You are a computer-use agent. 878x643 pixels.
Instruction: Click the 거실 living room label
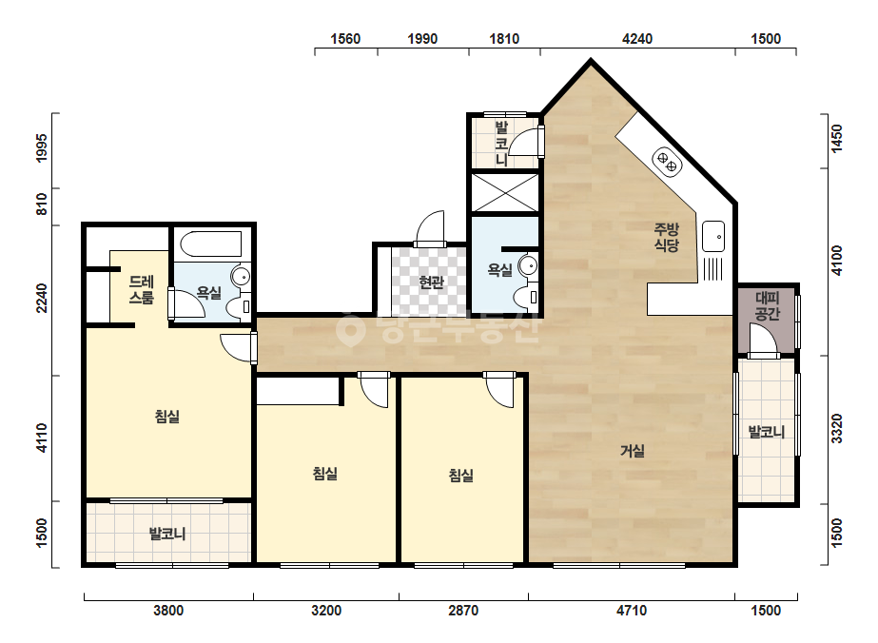pos(633,451)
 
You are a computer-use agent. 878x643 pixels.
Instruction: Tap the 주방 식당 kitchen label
pos(666,237)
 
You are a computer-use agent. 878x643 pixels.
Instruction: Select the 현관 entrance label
pos(431,282)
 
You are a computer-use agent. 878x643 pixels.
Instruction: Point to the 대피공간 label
pos(767,305)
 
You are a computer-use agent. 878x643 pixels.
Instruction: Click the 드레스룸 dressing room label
pos(142,289)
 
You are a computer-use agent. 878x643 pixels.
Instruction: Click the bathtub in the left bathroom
pos(211,244)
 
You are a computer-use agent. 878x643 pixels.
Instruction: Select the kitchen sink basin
pos(713,236)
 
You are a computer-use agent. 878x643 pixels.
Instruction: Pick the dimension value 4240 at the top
pos(637,39)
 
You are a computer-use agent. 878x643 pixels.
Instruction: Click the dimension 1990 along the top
pos(422,39)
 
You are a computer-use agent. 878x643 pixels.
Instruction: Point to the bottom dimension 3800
pos(168,610)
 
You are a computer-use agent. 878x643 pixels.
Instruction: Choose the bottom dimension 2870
pos(463,610)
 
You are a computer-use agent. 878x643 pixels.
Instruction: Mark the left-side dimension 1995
pos(42,147)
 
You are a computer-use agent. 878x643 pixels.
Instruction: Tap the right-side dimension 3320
pos(836,428)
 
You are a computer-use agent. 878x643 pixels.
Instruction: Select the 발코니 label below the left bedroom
pos(167,534)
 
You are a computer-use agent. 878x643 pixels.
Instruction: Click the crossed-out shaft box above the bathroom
pos(505,193)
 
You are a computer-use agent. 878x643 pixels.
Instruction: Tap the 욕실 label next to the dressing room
pos(209,292)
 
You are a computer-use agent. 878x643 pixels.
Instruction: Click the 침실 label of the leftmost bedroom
pos(166,417)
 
